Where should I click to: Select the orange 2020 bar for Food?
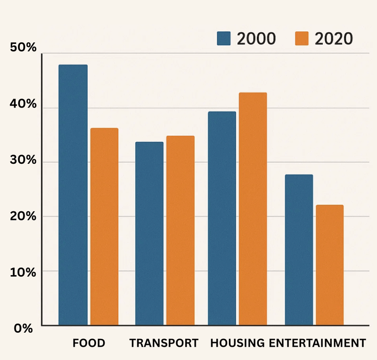(104, 226)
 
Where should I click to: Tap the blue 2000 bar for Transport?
(149, 234)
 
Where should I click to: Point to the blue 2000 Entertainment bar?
(299, 250)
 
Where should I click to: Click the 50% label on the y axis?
(23, 49)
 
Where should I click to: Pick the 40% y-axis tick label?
(23, 104)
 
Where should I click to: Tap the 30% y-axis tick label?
(23, 160)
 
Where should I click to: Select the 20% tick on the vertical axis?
(23, 216)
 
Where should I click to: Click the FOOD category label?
(89, 343)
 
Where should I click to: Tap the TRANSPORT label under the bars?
(164, 343)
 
